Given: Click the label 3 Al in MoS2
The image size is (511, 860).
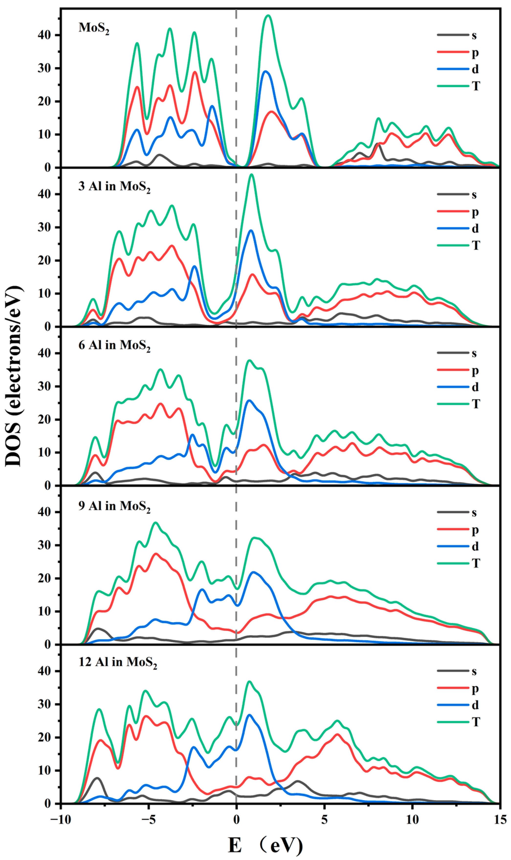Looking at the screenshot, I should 114,187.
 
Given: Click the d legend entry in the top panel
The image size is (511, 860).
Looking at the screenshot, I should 475,69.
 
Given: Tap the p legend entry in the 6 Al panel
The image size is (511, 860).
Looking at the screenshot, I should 475,371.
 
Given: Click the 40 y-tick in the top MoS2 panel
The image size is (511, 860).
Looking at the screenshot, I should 44,35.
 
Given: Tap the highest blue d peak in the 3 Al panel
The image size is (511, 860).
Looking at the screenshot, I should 251,231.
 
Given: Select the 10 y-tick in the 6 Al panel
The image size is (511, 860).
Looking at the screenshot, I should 44,452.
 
